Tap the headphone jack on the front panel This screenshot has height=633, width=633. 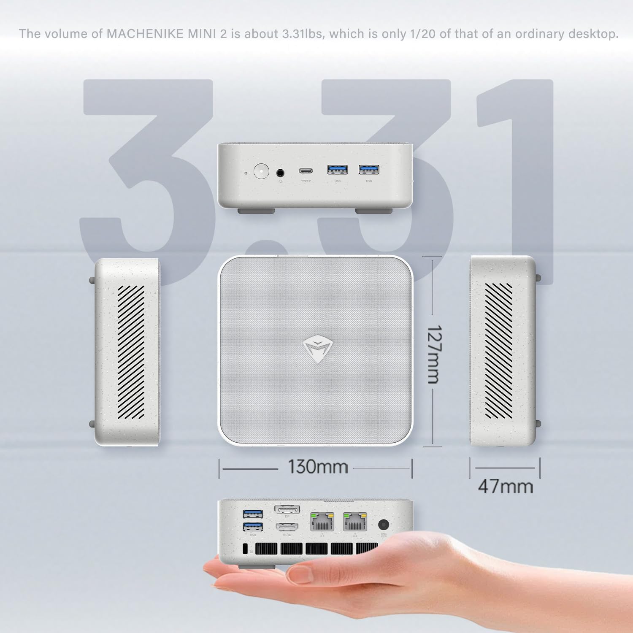point(280,172)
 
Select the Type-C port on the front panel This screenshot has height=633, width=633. point(306,171)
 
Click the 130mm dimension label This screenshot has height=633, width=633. point(317,467)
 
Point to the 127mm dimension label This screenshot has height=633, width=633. point(433,354)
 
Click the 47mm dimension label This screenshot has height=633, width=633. point(506,487)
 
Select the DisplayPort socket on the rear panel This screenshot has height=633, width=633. point(287,510)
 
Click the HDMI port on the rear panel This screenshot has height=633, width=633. point(287,527)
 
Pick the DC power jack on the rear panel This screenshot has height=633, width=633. point(383,525)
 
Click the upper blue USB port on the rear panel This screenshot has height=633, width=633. point(253,514)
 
